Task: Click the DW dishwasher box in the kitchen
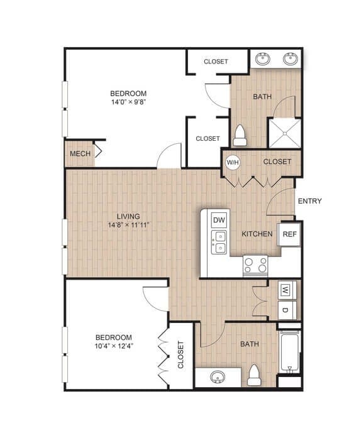[219, 220]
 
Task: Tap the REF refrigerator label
[289, 234]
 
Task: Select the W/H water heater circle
[233, 162]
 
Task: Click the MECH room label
[79, 154]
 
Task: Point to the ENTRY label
[309, 201]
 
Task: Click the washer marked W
[285, 290]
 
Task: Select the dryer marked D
[285, 310]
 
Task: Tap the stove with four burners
[255, 265]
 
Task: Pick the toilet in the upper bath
[240, 134]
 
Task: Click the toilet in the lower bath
[254, 376]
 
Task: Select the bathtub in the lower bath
[289, 352]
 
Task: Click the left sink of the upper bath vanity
[263, 60]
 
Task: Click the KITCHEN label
[257, 234]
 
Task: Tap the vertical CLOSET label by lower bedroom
[181, 355]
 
